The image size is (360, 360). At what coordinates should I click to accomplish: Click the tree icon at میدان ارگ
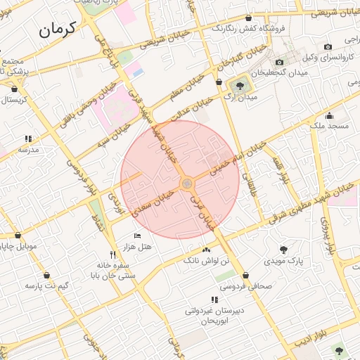(240, 86)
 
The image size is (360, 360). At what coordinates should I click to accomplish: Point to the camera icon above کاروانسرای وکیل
(327, 46)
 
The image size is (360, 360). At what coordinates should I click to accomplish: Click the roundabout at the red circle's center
(187, 184)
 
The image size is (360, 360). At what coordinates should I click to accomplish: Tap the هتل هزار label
(137, 246)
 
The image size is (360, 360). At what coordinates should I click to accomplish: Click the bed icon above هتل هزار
(137, 236)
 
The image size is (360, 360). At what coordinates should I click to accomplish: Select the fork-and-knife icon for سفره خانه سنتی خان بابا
(112, 255)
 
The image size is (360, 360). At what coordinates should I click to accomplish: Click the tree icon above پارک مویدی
(283, 250)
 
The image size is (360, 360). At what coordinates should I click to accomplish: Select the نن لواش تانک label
(206, 261)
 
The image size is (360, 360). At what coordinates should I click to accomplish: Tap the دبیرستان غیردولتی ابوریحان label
(214, 315)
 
